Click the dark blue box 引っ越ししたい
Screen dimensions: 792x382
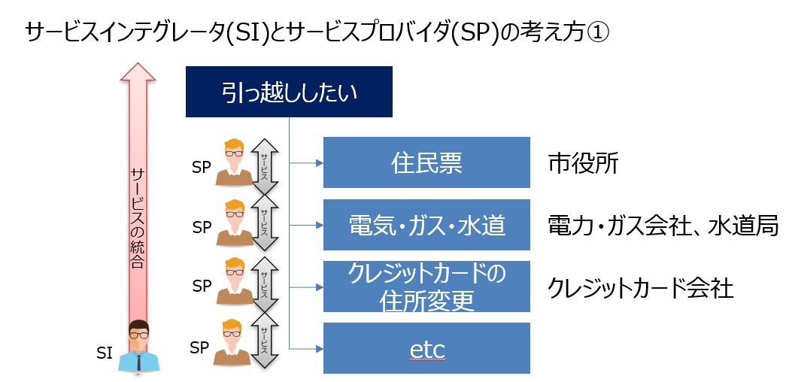289,92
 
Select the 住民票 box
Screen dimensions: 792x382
426,162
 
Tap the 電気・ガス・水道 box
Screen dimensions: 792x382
426,224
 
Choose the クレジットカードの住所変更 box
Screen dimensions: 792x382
426,286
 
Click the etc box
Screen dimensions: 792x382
426,348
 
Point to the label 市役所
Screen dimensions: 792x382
584,164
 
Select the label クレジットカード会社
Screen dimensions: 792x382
641,289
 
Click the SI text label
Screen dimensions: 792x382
104,353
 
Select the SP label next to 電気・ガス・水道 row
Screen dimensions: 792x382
202,228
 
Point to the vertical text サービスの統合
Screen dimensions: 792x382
138,218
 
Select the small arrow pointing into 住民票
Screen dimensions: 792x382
306,162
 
